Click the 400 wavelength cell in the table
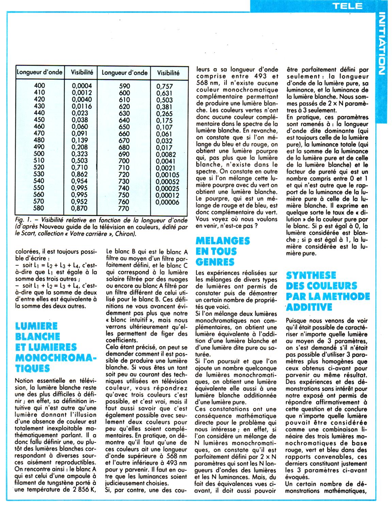[x=40, y=86]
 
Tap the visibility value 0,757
[x=164, y=86]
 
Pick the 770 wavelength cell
[x=124, y=208]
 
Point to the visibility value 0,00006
[x=168, y=202]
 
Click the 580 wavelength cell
[x=40, y=208]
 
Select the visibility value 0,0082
[x=166, y=154]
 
